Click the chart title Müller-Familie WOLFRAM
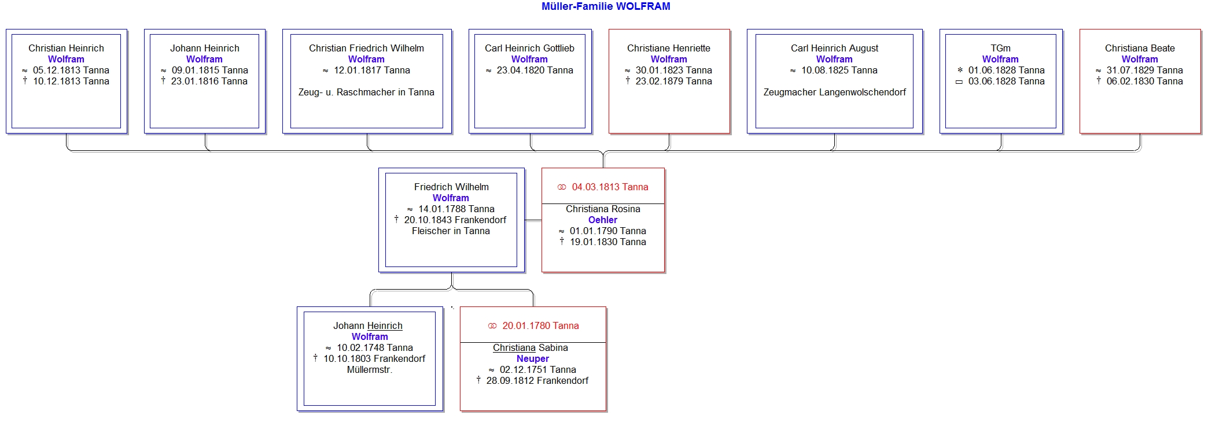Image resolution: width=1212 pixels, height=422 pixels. point(606,6)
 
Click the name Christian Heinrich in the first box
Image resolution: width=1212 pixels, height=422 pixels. point(67,49)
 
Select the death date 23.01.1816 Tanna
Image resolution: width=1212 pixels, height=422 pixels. point(209,82)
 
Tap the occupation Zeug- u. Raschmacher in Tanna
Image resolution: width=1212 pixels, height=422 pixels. point(366,92)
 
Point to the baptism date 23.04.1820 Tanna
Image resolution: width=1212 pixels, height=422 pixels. point(535,71)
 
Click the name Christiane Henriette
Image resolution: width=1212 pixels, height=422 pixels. point(669,49)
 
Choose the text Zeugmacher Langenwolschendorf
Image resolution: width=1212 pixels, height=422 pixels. point(835,92)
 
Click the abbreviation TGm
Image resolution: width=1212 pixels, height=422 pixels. point(1001,49)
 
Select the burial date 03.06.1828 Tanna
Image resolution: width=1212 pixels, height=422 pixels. point(1007,82)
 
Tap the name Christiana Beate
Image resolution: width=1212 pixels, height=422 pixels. point(1140,49)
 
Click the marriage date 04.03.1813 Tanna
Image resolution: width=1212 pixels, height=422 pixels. point(610,187)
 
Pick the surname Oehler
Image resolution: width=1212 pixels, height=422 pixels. point(603,220)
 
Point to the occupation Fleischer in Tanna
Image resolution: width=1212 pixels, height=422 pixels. point(451,231)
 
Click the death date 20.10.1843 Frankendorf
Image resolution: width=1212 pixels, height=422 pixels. point(455,220)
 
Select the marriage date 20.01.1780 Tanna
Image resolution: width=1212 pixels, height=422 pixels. point(541,326)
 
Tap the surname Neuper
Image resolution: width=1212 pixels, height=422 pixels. point(533,359)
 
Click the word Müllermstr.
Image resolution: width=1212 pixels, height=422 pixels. point(370,370)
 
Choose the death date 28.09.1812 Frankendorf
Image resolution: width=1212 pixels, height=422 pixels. point(537,381)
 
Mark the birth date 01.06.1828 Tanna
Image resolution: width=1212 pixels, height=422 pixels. point(1007,71)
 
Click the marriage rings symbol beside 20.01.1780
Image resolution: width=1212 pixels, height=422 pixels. point(492,326)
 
